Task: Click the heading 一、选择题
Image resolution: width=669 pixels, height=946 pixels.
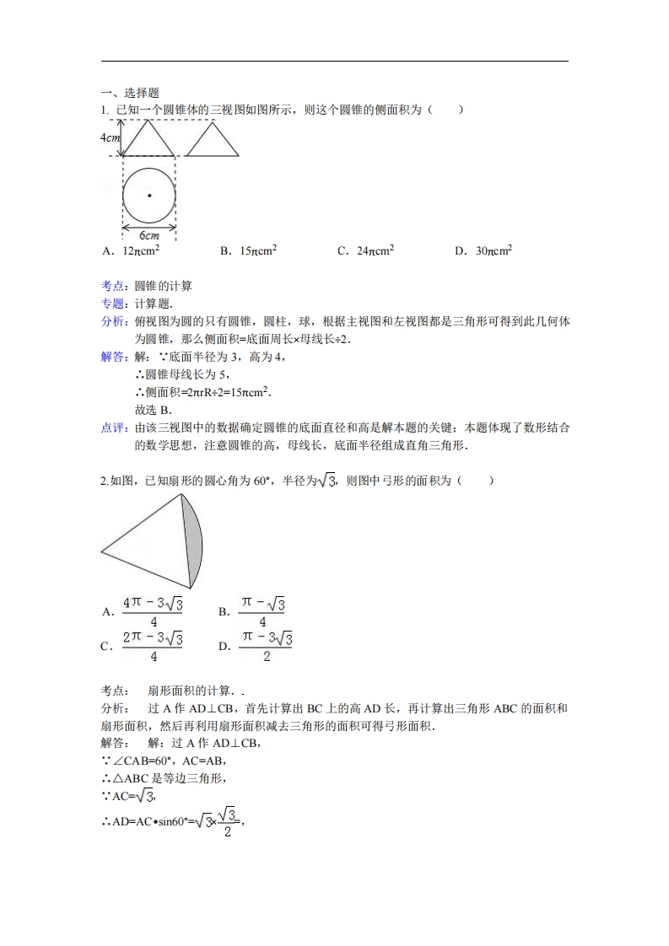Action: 130,94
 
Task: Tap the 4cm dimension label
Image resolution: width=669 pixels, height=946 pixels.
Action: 111,137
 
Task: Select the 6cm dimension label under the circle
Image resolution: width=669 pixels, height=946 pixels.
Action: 148,236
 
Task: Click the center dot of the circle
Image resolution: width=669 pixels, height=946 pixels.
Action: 149,196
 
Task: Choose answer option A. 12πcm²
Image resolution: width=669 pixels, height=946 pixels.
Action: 131,251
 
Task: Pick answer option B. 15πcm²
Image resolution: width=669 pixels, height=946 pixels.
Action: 248,251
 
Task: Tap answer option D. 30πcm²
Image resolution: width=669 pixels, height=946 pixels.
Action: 483,251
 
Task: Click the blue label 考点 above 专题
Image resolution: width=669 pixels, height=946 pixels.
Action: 112,286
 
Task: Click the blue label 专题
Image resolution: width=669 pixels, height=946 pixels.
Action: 112,304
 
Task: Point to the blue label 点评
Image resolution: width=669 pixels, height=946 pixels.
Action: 112,428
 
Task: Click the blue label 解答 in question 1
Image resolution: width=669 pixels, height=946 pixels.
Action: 112,357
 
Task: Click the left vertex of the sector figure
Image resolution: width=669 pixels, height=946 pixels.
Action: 103,552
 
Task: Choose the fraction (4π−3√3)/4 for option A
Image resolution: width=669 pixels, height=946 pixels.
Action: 153,613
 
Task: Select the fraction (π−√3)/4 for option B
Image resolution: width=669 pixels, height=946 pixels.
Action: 262,613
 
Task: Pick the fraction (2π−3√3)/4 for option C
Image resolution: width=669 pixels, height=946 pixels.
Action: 153,648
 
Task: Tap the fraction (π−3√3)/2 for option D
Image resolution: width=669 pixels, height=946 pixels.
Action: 266,648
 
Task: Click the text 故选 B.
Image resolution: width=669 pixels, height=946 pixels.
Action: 153,410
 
